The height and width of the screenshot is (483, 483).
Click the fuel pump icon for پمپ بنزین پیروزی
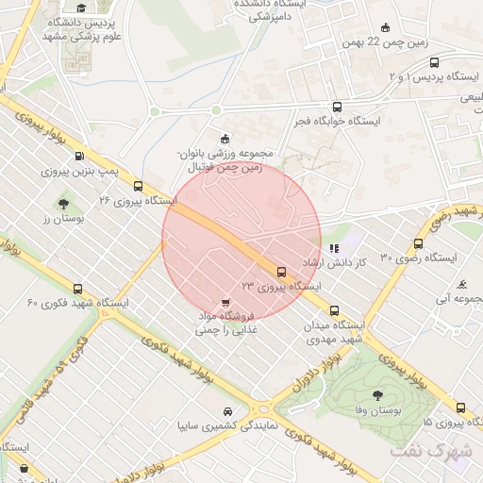(78, 157)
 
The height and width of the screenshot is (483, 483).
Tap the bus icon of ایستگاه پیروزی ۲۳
(280, 271)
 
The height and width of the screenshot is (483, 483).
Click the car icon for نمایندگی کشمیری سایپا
(228, 411)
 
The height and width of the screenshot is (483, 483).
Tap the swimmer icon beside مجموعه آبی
(461, 284)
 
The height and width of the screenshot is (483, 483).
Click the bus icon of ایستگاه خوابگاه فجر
(337, 107)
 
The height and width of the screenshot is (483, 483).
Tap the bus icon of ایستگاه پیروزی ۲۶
(139, 186)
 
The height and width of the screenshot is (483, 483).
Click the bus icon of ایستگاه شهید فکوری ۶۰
(77, 290)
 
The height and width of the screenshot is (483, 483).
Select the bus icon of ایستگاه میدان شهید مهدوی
(334, 309)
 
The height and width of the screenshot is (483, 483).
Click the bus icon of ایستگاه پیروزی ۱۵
(460, 408)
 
